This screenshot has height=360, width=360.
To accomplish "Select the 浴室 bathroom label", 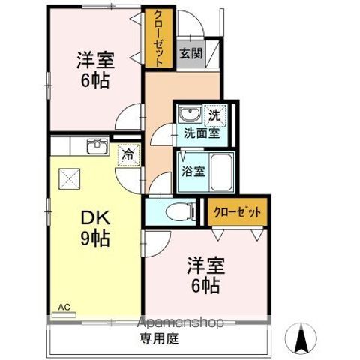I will click(x=193, y=171).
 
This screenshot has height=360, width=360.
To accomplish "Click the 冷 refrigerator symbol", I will click(x=127, y=154).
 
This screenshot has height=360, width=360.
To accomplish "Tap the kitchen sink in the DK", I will click(x=97, y=146).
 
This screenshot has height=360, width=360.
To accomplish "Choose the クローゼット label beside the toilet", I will click(x=236, y=213).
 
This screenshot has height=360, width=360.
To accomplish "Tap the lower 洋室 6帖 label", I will click(x=204, y=274).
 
